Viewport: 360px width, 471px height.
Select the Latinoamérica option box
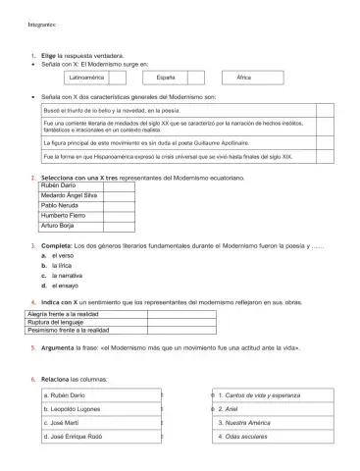pos(94,77)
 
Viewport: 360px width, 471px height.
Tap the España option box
pos(166,77)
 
